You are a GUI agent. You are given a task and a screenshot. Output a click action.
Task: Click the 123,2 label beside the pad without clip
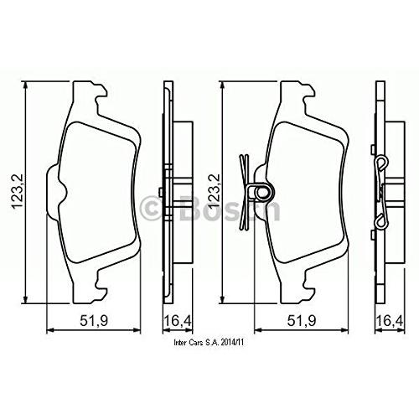(x=18, y=191)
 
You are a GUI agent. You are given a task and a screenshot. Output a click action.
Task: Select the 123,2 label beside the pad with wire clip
(x=215, y=191)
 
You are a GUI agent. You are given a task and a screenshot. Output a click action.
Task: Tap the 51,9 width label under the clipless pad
(x=94, y=321)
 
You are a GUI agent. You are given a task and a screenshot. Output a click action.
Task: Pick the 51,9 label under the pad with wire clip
(x=302, y=321)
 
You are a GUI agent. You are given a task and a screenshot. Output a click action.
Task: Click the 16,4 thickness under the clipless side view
(x=178, y=321)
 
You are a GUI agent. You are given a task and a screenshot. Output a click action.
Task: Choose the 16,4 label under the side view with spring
(x=390, y=321)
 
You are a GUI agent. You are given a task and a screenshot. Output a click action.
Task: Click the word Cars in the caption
(x=194, y=343)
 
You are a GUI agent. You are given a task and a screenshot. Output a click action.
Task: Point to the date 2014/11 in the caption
(x=232, y=343)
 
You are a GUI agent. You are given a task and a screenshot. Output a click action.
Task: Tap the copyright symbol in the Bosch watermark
(x=151, y=207)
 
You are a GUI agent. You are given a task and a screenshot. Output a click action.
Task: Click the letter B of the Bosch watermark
(x=189, y=207)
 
